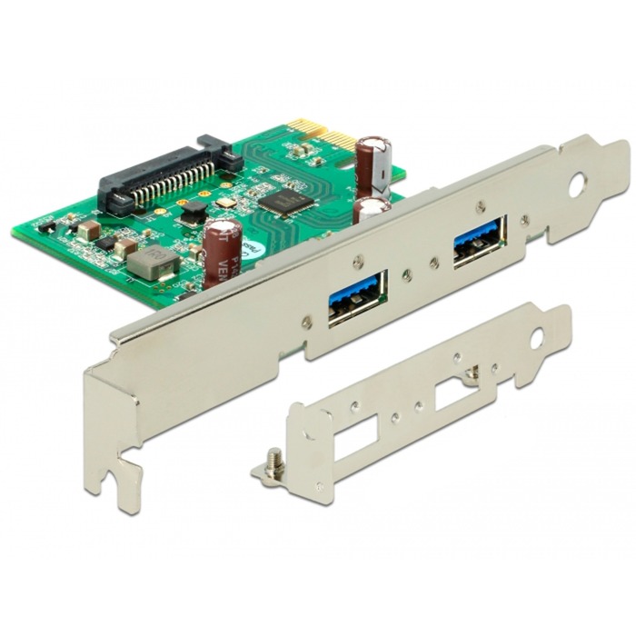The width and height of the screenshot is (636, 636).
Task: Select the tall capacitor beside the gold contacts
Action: [x=373, y=159]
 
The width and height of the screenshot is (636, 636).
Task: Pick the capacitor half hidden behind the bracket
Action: [x=371, y=209]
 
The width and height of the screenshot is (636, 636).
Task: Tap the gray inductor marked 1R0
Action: [x=152, y=264]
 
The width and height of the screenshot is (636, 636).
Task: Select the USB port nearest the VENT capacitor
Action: [x=357, y=296]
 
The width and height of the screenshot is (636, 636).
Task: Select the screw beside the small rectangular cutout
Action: [x=472, y=372]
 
